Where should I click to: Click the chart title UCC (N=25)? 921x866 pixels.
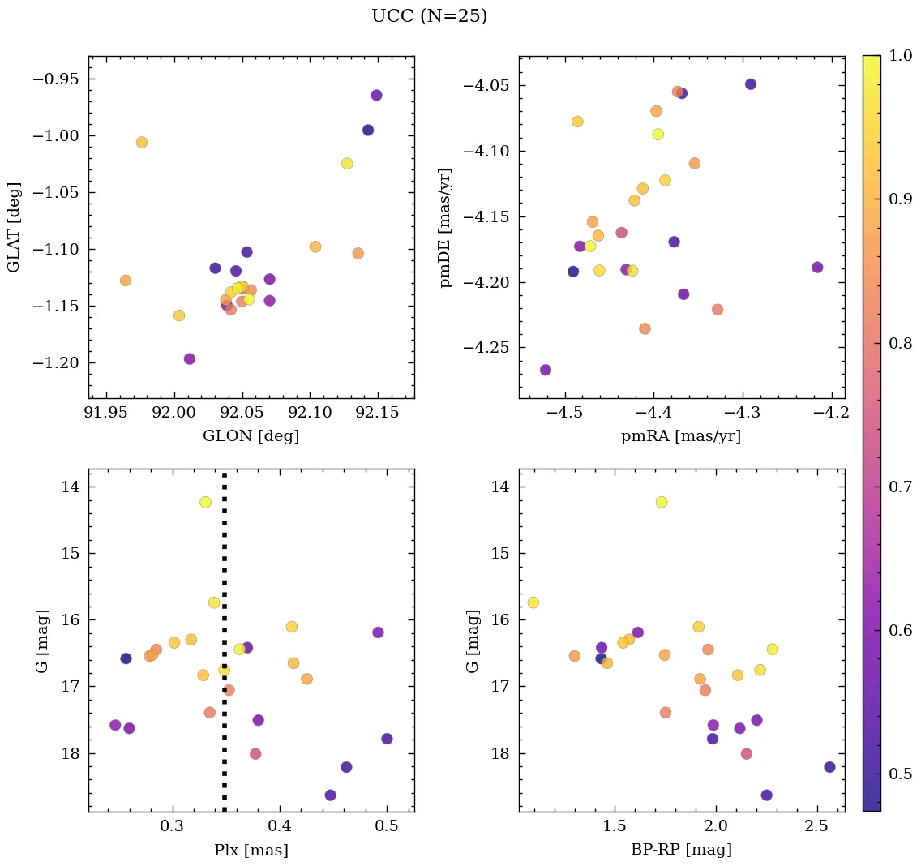(x=429, y=16)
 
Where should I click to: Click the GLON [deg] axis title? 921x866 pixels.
(x=251, y=436)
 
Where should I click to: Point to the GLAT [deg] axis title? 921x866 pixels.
(x=14, y=227)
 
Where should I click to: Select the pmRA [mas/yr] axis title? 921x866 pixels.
(x=681, y=436)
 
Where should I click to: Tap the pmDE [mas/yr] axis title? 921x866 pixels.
(x=445, y=227)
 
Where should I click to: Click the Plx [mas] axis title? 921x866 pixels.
(x=251, y=850)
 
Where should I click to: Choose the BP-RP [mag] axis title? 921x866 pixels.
(x=681, y=850)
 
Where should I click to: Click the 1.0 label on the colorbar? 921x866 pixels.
(x=901, y=55)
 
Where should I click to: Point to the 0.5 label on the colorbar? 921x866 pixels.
(x=901, y=774)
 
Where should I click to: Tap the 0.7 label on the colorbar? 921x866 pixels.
(x=901, y=487)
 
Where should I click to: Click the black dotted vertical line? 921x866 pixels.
(x=225, y=649)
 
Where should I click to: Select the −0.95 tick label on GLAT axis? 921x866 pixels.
(x=56, y=79)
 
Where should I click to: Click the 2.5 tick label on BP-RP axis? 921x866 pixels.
(x=815, y=827)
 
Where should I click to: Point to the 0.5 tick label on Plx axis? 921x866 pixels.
(x=387, y=827)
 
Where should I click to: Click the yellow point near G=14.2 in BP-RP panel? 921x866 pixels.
(x=662, y=502)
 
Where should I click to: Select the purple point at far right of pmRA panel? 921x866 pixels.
(x=817, y=268)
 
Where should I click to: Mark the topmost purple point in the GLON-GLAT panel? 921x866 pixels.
(x=376, y=95)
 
